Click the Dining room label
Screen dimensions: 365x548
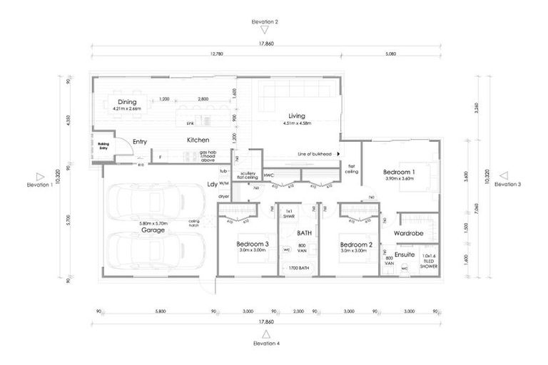coord(127,102)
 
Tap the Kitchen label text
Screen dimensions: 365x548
coord(198,140)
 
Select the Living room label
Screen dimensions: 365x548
coord(296,115)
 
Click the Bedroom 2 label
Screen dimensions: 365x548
coord(353,245)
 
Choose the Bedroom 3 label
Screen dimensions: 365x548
coord(253,245)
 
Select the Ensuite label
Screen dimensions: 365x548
coord(405,254)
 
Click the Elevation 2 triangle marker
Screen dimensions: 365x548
coord(265,31)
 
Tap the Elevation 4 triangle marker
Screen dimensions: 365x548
coord(265,334)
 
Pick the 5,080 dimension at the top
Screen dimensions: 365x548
coord(390,53)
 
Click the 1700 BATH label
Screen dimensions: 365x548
coord(298,269)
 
